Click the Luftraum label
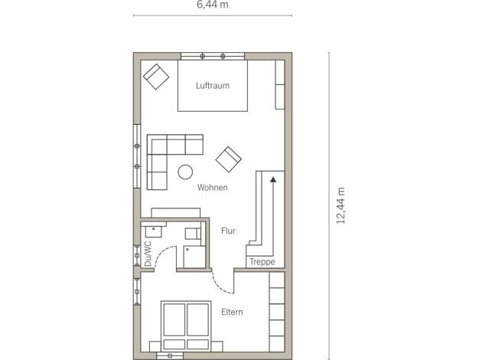coord(212,85)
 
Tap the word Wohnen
coord(212,187)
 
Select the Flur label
coord(228,231)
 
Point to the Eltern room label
coord(232,312)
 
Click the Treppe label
coord(262,262)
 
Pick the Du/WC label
coord(148,254)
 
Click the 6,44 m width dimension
coord(212,5)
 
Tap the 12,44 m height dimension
coord(341,205)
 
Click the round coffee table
coord(185,172)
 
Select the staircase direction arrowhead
coord(273,180)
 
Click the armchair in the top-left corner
coord(156,77)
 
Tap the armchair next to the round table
coord(229,159)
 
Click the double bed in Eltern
coord(186,326)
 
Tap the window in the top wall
coord(213,56)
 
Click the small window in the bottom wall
coord(170,355)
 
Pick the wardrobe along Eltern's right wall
coord(277,312)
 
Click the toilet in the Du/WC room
coord(193,234)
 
